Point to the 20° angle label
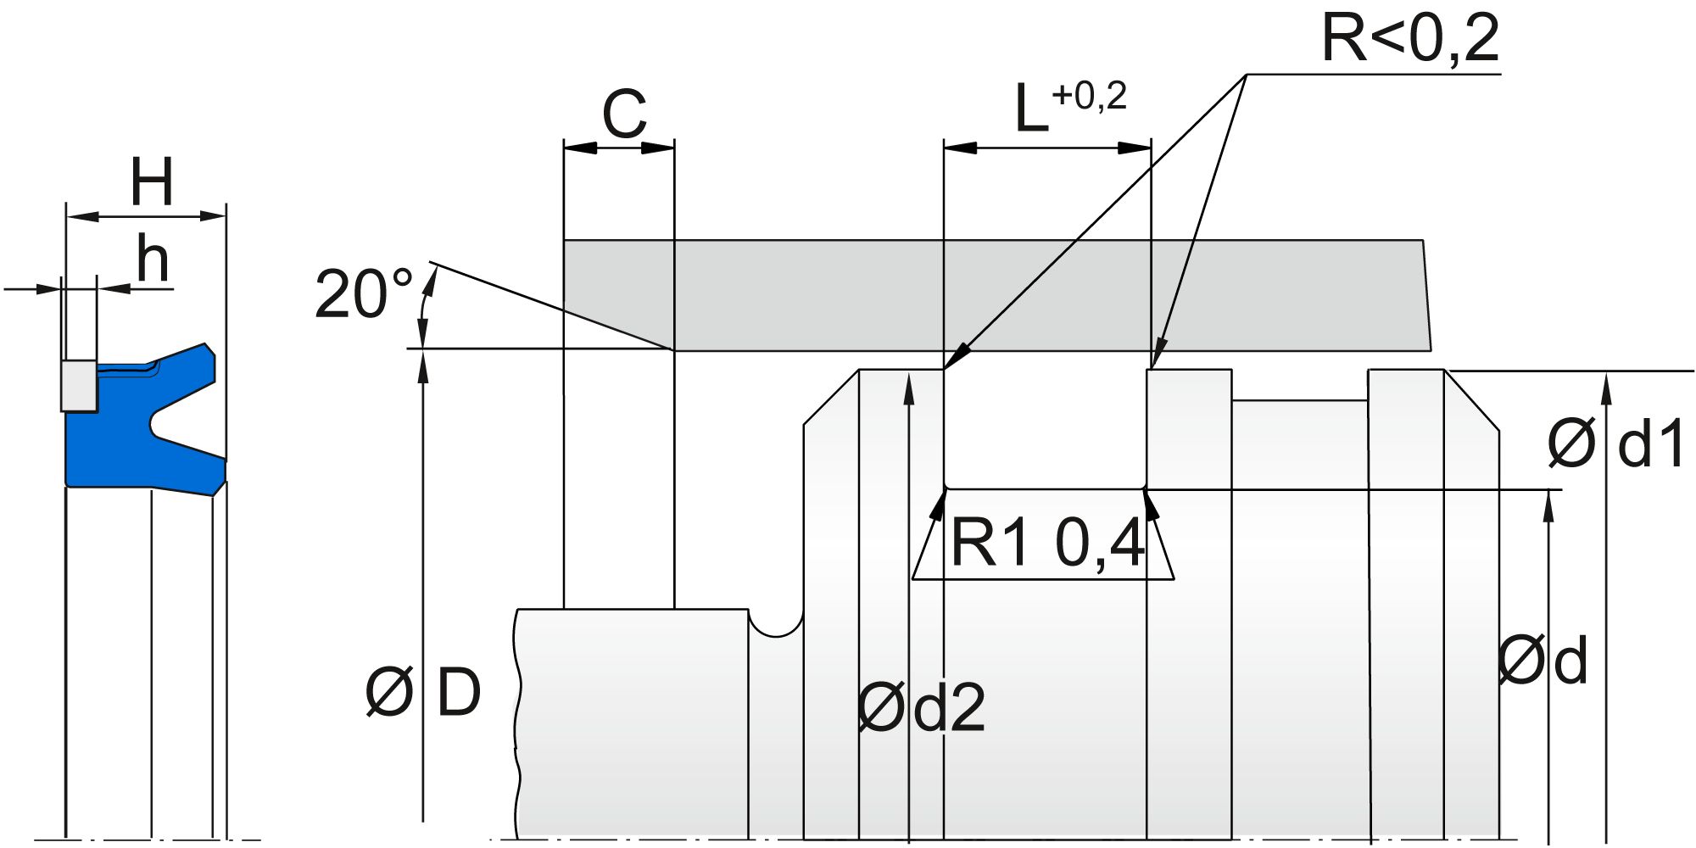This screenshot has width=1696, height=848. [x=363, y=294]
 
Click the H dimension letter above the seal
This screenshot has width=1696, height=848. [x=152, y=182]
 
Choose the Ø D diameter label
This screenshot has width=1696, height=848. [x=423, y=692]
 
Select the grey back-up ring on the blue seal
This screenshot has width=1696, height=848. [x=78, y=385]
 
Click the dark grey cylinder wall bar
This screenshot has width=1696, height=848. [x=992, y=294]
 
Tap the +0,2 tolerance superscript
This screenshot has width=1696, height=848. [x=1090, y=97]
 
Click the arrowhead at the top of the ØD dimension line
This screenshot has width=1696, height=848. [x=422, y=360]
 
